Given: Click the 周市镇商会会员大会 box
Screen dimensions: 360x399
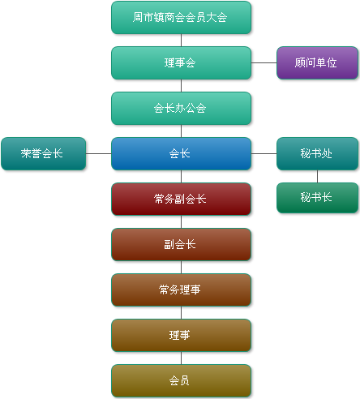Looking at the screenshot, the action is pyautogui.click(x=181, y=18).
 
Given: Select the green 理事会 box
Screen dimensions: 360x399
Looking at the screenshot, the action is pyautogui.click(x=181, y=63).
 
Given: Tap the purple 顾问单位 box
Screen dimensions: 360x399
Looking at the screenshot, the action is pyautogui.click(x=317, y=63).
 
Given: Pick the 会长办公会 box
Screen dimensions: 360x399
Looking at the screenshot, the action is pyautogui.click(x=181, y=109).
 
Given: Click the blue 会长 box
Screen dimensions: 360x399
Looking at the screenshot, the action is pyautogui.click(x=181, y=154).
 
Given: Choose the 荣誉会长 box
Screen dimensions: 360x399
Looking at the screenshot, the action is pyautogui.click(x=44, y=154).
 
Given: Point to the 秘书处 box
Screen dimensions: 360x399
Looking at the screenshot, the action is pyautogui.click(x=317, y=154).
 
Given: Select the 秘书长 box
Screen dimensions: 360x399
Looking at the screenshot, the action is pyautogui.click(x=317, y=198).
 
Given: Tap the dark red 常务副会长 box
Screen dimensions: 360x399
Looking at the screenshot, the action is pyautogui.click(x=181, y=199).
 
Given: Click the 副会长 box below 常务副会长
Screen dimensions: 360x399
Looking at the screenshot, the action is pyautogui.click(x=181, y=245).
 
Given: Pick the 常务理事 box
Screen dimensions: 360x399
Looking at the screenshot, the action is pyautogui.click(x=181, y=290).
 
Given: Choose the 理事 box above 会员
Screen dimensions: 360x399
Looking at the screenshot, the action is pyautogui.click(x=181, y=336).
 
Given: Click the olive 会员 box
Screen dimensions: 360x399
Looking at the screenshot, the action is pyautogui.click(x=181, y=381).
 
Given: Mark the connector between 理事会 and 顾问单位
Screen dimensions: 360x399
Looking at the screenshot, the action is pyautogui.click(x=264, y=63).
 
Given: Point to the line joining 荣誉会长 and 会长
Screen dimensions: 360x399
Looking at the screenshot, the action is pyautogui.click(x=98, y=154).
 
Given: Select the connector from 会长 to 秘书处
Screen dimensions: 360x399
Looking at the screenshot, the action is pyautogui.click(x=264, y=154).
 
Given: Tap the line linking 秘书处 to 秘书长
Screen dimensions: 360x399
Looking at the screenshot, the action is pyautogui.click(x=317, y=177).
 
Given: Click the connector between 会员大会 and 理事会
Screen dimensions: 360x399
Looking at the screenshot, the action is pyautogui.click(x=181, y=41).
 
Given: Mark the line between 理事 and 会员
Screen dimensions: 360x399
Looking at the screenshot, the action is pyautogui.click(x=181, y=358).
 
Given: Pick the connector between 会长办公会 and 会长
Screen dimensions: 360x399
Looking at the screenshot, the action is pyautogui.click(x=181, y=131).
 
